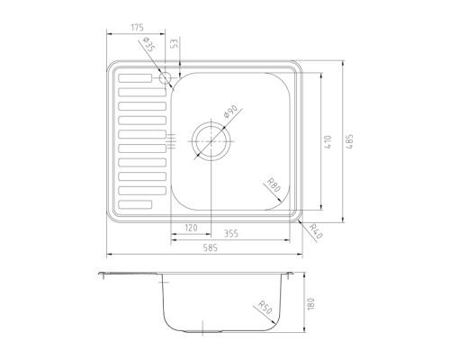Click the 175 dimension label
(x=138, y=27)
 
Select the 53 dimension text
(x=175, y=42)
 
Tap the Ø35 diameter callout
(x=148, y=43)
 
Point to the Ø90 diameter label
(x=230, y=112)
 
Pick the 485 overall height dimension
(x=350, y=141)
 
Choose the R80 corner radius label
(x=274, y=185)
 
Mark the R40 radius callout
(x=316, y=231)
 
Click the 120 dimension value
(x=191, y=228)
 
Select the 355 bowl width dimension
(x=231, y=233)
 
